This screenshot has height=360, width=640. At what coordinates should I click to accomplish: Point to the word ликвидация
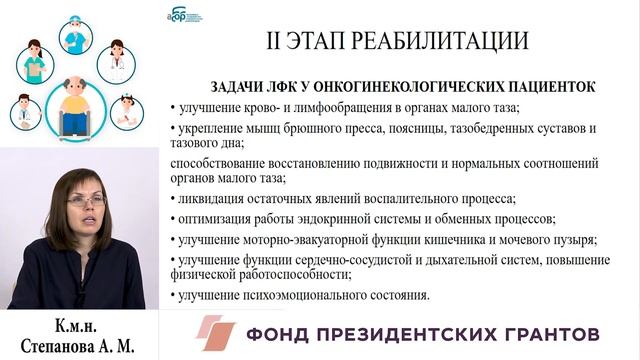tap(209, 198)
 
